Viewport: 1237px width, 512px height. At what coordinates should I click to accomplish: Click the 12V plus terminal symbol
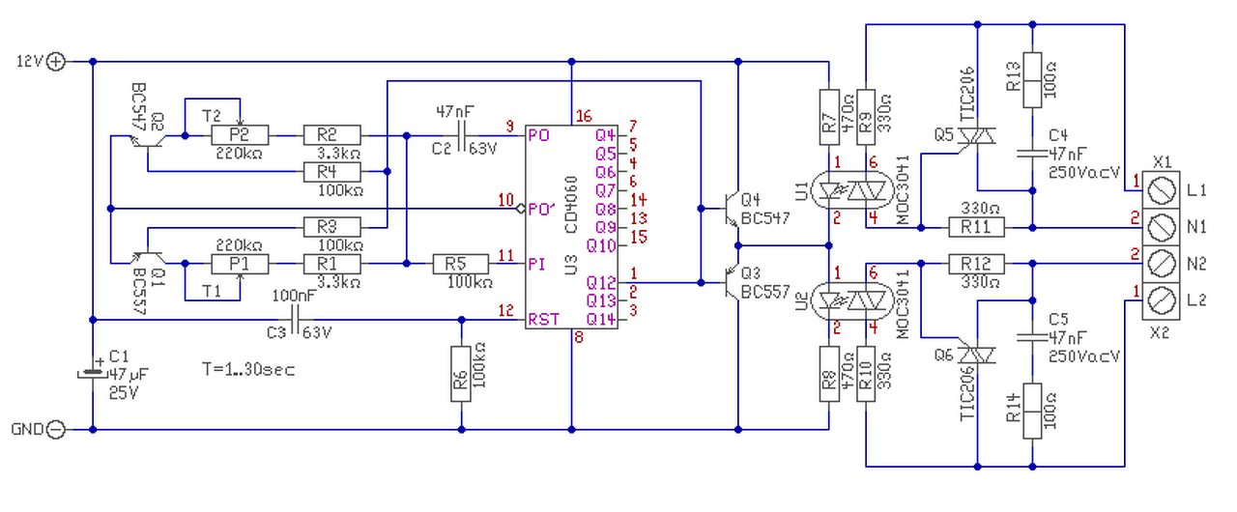55,62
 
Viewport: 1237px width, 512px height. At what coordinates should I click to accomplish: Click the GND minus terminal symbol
55,429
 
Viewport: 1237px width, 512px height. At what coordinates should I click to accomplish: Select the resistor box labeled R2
331,135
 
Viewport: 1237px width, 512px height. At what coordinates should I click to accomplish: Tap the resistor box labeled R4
331,172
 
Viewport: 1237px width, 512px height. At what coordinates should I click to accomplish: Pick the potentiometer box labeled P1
240,264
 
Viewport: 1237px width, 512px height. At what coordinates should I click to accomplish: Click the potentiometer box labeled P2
240,135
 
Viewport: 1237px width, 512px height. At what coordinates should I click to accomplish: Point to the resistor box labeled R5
461,264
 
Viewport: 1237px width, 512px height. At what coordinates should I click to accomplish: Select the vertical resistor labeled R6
461,374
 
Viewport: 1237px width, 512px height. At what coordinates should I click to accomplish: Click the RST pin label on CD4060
543,320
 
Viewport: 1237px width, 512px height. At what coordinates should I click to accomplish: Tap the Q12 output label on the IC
601,282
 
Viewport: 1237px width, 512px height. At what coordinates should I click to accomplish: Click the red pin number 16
584,117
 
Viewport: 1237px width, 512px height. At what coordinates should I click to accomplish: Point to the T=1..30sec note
248,369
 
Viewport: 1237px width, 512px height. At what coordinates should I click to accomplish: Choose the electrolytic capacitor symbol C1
92,374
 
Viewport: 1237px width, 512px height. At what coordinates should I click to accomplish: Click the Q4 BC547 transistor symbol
731,209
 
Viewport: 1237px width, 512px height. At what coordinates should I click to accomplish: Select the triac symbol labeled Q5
976,136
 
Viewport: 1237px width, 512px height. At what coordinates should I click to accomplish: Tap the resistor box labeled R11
976,227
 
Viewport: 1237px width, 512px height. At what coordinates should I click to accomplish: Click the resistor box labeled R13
1032,80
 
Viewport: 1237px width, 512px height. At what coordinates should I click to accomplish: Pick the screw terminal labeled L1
1161,190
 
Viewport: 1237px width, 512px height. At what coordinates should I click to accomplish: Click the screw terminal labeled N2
1161,264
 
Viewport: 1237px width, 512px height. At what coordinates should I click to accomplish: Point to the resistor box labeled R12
976,264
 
